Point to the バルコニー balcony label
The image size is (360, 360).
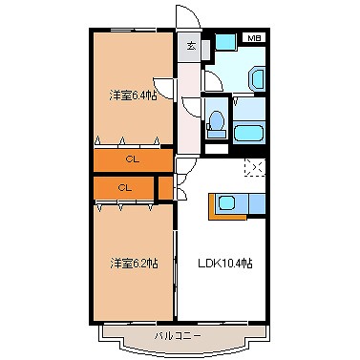point(178,336)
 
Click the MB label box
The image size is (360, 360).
point(253,37)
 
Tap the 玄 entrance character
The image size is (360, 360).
point(191,46)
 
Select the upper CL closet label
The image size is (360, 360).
point(134,159)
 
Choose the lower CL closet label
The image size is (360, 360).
point(124,188)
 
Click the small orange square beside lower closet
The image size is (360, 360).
point(164,187)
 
